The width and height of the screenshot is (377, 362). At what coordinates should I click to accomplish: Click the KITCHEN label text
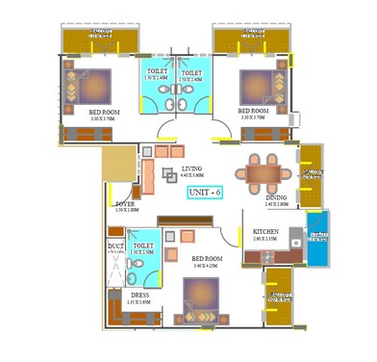(x=266, y=232)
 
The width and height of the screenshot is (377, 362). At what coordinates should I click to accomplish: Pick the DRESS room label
(x=140, y=296)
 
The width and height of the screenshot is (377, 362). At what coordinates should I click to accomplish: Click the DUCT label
(x=115, y=246)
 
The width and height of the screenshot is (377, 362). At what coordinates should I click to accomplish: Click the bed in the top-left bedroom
(x=96, y=86)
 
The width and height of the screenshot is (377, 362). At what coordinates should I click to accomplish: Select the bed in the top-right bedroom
(x=257, y=87)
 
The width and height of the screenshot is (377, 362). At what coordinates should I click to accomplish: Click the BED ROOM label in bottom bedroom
(x=207, y=259)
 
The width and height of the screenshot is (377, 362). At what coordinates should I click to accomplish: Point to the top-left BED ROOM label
(x=104, y=112)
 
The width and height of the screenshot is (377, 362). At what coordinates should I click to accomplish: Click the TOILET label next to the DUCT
(x=143, y=246)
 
